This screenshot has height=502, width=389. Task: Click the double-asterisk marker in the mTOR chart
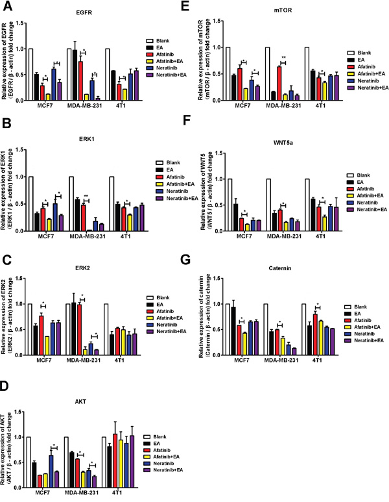click(x=283, y=57)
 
